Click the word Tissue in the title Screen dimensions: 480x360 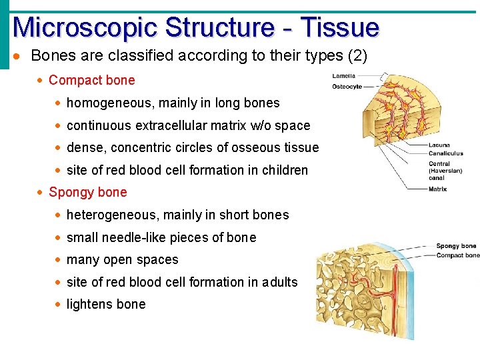[339, 27]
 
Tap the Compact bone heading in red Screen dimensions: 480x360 [91, 81]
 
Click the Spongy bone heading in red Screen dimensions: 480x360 [87, 193]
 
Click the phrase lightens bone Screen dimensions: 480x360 [105, 305]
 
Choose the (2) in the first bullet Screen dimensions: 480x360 [355, 55]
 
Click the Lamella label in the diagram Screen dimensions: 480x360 [344, 76]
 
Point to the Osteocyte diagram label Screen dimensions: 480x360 [347, 87]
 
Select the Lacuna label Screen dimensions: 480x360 [439, 145]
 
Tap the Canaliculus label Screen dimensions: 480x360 [445, 154]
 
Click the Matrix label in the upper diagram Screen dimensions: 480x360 [437, 189]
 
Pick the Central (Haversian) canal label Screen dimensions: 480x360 [444, 171]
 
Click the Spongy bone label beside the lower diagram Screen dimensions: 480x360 [456, 247]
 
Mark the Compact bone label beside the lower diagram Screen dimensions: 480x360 [457, 255]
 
